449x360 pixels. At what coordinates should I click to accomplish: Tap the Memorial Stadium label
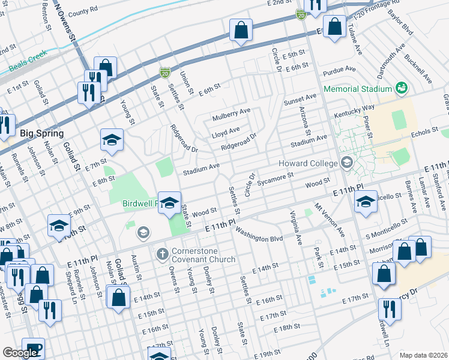(358, 89)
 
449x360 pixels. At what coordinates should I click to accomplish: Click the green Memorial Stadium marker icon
(402, 88)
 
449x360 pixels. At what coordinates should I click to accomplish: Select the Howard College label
(308, 163)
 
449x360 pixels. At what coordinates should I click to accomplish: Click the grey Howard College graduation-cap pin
(346, 163)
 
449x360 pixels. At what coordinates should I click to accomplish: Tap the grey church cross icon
(161, 254)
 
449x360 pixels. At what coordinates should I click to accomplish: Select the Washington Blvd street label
(259, 235)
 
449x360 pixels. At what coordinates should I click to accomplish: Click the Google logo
(20, 353)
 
